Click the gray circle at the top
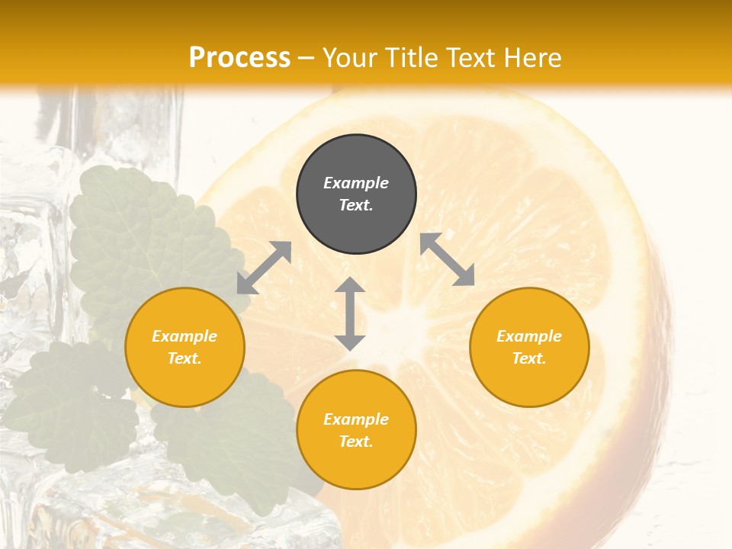(356, 194)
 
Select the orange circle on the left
(185, 347)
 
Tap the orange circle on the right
(529, 347)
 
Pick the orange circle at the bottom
(356, 430)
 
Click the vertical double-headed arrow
(350, 314)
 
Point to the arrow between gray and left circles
(264, 268)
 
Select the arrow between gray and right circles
(447, 259)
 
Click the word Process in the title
(239, 57)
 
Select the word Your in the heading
(348, 58)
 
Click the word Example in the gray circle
(356, 183)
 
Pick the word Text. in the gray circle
(356, 205)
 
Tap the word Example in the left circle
(185, 336)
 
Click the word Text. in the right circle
(529, 358)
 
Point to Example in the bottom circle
(356, 419)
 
